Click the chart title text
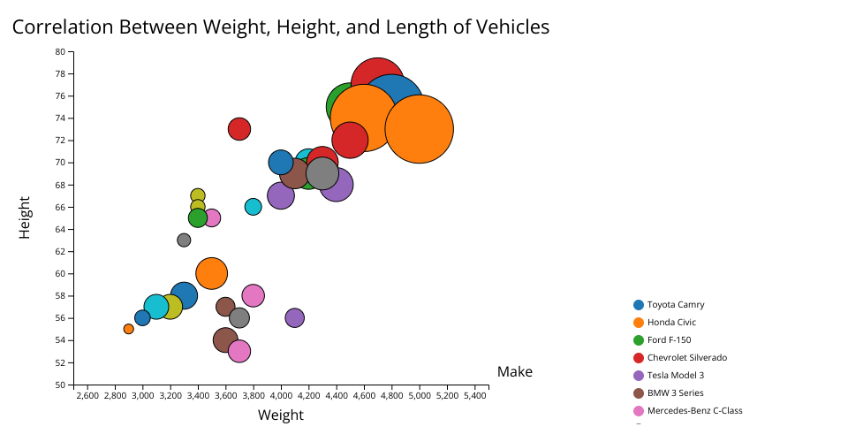click(x=281, y=27)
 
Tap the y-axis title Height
click(x=26, y=217)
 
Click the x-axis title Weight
click(x=281, y=415)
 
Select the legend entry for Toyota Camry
click(x=675, y=304)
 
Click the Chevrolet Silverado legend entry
click(x=686, y=357)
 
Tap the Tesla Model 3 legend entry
click(x=676, y=375)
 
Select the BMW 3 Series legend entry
click(x=675, y=392)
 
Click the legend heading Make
click(x=515, y=372)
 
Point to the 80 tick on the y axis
click(x=60, y=51)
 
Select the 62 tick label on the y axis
click(x=60, y=251)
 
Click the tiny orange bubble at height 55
click(x=129, y=329)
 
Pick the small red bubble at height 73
click(x=239, y=129)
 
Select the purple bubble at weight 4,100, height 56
click(x=295, y=317)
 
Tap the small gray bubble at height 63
click(x=184, y=240)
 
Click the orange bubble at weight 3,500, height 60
click(x=212, y=273)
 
